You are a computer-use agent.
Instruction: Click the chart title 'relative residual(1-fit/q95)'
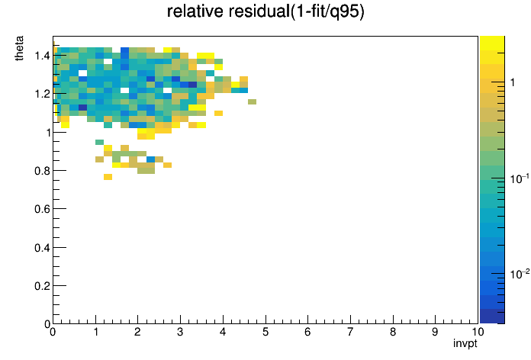(265, 12)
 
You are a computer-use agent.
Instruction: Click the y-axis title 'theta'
(19, 48)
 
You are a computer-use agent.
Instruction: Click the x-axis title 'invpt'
(465, 343)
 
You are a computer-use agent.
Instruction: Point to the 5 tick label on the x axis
(265, 332)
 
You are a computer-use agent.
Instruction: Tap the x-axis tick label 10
(478, 332)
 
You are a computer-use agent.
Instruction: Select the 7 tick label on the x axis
(350, 332)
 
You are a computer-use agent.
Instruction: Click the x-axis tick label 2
(137, 332)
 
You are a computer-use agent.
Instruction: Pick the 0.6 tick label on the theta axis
(42, 209)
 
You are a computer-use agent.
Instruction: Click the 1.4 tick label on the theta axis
(42, 56)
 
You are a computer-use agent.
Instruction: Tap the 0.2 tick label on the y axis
(42, 286)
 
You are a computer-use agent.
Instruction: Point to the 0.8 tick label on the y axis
(42, 171)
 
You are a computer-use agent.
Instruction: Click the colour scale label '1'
(513, 82)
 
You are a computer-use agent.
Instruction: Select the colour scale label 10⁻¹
(520, 178)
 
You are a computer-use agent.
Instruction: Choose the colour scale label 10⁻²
(520, 274)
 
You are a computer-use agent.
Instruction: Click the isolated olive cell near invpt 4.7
(252, 101)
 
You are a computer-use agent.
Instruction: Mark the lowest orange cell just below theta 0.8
(108, 177)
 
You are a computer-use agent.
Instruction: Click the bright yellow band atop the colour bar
(492, 43)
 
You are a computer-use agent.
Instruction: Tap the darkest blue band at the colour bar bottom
(492, 317)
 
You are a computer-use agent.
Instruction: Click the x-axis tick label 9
(435, 332)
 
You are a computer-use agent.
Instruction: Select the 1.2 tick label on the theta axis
(42, 94)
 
